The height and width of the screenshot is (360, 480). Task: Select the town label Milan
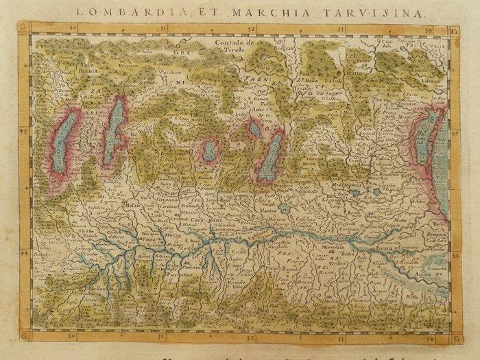tap(132, 204)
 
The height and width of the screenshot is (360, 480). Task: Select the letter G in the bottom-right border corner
tap(455, 336)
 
